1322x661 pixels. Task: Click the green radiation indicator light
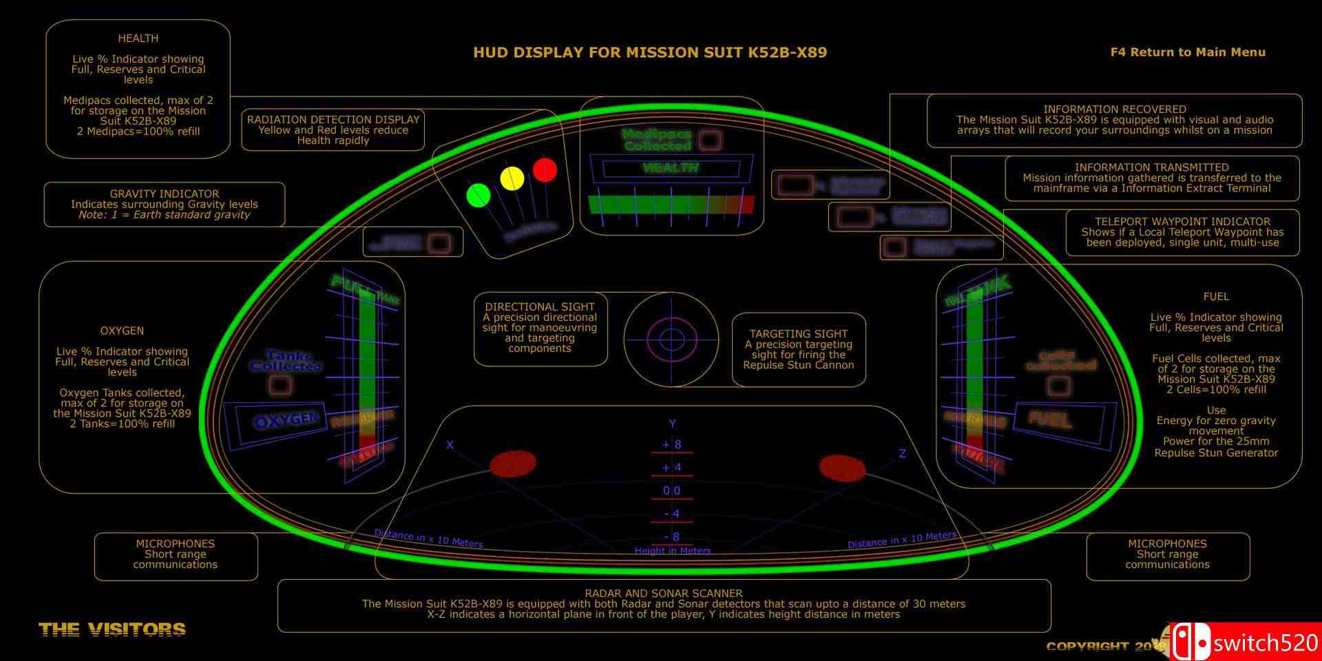tap(479, 195)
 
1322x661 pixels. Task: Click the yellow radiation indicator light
tap(512, 178)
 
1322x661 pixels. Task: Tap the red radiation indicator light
tap(545, 169)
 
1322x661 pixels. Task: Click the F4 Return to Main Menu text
tap(1188, 52)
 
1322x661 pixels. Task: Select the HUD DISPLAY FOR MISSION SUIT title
tap(650, 52)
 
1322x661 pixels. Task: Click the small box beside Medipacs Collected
tap(709, 140)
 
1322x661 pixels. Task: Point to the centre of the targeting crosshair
tap(671, 339)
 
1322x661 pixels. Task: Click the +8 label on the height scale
tap(672, 445)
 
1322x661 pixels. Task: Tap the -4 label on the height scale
tap(672, 514)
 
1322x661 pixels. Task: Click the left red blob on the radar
tap(513, 463)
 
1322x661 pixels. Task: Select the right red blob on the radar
tap(842, 468)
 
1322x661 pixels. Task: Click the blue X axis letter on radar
tap(450, 445)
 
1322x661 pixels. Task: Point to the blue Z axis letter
tap(902, 454)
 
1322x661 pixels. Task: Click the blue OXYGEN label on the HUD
tap(286, 421)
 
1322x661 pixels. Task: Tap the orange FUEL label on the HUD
tap(1049, 419)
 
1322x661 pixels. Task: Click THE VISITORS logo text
tap(112, 629)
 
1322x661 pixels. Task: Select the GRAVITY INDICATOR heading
tap(165, 194)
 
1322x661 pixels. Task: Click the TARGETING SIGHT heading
tap(799, 334)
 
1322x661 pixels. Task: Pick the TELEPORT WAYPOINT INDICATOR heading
tap(1182, 222)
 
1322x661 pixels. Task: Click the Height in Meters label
tap(673, 551)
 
